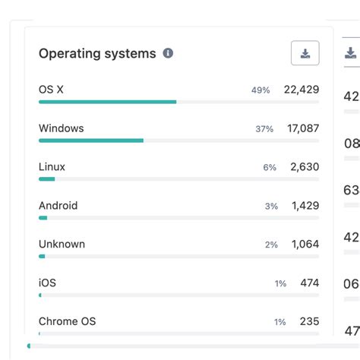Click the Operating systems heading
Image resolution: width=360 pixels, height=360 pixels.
[97, 53]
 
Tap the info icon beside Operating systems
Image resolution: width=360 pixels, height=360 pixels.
[168, 53]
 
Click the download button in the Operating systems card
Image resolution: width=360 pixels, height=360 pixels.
[305, 53]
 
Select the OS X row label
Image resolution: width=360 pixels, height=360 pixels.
[51, 90]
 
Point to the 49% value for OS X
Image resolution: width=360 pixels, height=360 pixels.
[261, 90]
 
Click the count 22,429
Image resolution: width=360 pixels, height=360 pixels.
[302, 90]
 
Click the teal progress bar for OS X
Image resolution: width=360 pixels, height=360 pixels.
[107, 102]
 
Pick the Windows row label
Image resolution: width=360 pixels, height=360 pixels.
[61, 128]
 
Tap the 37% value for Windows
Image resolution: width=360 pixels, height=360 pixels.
[264, 129]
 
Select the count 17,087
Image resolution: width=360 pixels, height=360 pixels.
[303, 128]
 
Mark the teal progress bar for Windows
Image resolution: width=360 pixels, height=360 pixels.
[91, 141]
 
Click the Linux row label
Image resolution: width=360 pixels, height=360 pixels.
[52, 167]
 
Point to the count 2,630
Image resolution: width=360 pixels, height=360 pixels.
[305, 167]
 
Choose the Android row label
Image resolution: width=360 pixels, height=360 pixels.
[58, 206]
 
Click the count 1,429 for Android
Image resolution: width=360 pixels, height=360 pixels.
[305, 206]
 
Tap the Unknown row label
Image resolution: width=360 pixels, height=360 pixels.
[62, 245]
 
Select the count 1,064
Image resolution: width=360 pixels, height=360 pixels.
[305, 245]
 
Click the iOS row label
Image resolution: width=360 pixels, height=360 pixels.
[47, 283]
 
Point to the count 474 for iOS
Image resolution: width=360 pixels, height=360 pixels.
[309, 283]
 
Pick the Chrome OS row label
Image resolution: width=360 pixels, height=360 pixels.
[67, 322]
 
